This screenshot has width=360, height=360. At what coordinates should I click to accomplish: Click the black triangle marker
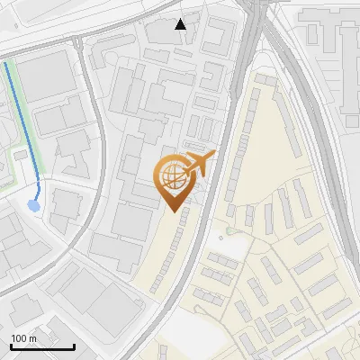pos(181,24)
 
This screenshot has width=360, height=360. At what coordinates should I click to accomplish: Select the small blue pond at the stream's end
pos(34,206)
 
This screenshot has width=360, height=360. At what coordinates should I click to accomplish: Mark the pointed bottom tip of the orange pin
pos(173,211)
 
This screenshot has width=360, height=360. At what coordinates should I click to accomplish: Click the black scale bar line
pos(42,346)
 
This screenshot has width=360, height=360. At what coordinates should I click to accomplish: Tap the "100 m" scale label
pos(24,338)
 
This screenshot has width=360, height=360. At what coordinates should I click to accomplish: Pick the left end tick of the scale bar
pos(11,345)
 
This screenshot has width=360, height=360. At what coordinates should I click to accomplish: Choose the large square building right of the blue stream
pos(45,76)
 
